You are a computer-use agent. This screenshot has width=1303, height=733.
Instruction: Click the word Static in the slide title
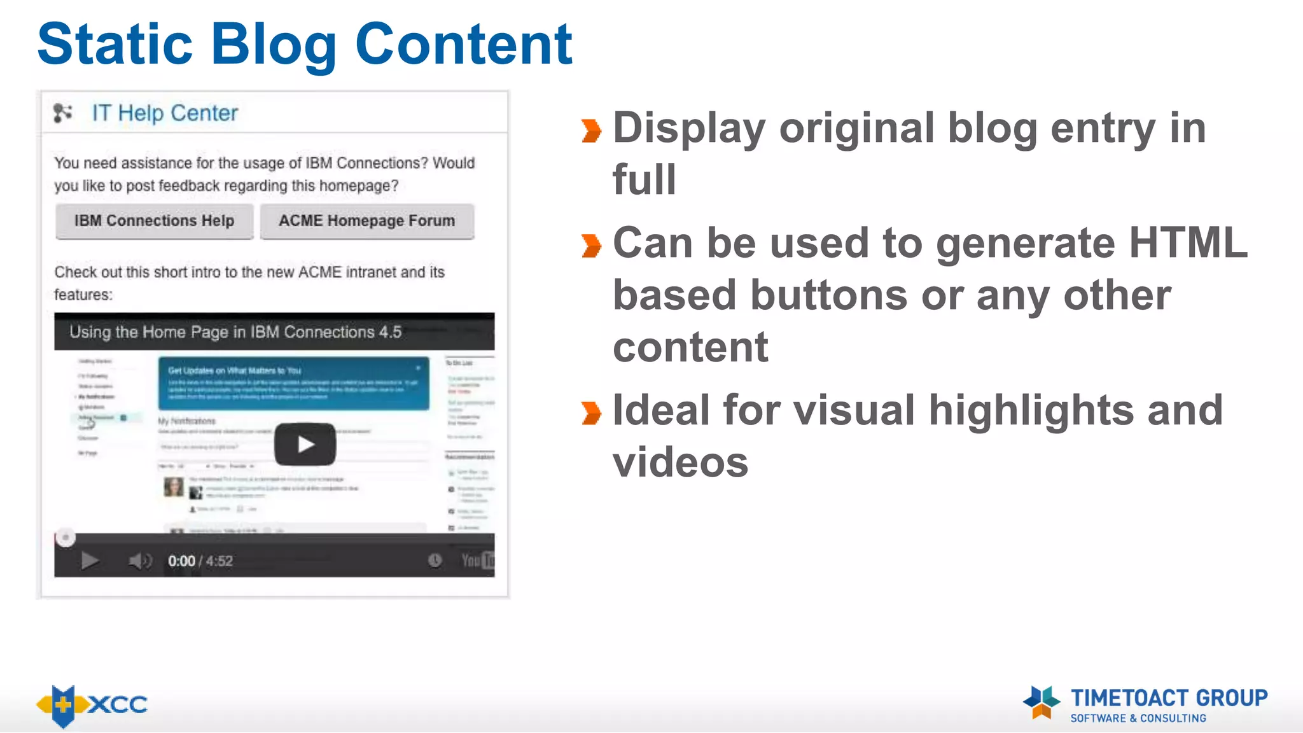tap(115, 45)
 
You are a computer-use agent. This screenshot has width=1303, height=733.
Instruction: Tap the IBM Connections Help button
tap(154, 221)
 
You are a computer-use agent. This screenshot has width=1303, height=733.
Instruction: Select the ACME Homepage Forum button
tap(367, 221)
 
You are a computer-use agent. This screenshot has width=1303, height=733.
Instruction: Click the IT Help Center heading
tap(165, 113)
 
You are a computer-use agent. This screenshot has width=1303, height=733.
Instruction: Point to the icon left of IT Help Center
tap(62, 113)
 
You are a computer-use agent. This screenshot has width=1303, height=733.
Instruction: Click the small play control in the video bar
tap(90, 561)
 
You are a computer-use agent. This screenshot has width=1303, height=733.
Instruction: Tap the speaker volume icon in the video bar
tap(139, 561)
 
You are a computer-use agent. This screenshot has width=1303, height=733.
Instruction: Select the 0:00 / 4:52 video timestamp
tap(200, 561)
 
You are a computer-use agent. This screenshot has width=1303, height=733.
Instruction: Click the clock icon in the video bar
tap(435, 560)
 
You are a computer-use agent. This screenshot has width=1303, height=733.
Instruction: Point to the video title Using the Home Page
tap(235, 332)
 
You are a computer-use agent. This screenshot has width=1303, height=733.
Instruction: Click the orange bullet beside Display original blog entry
tap(591, 130)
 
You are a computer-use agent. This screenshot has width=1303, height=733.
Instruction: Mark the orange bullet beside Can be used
tap(591, 246)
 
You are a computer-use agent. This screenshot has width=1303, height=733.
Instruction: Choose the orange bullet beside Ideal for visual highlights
tap(591, 413)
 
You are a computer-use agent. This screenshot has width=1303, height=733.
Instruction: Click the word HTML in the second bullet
tap(1188, 243)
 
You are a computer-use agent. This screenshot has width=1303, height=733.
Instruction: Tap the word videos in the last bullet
tap(681, 462)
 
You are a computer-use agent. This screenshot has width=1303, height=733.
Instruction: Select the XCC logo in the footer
tap(92, 705)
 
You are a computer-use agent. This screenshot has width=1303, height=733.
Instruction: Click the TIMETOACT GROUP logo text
tap(1169, 698)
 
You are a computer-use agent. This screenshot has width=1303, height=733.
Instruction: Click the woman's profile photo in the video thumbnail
tap(173, 487)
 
